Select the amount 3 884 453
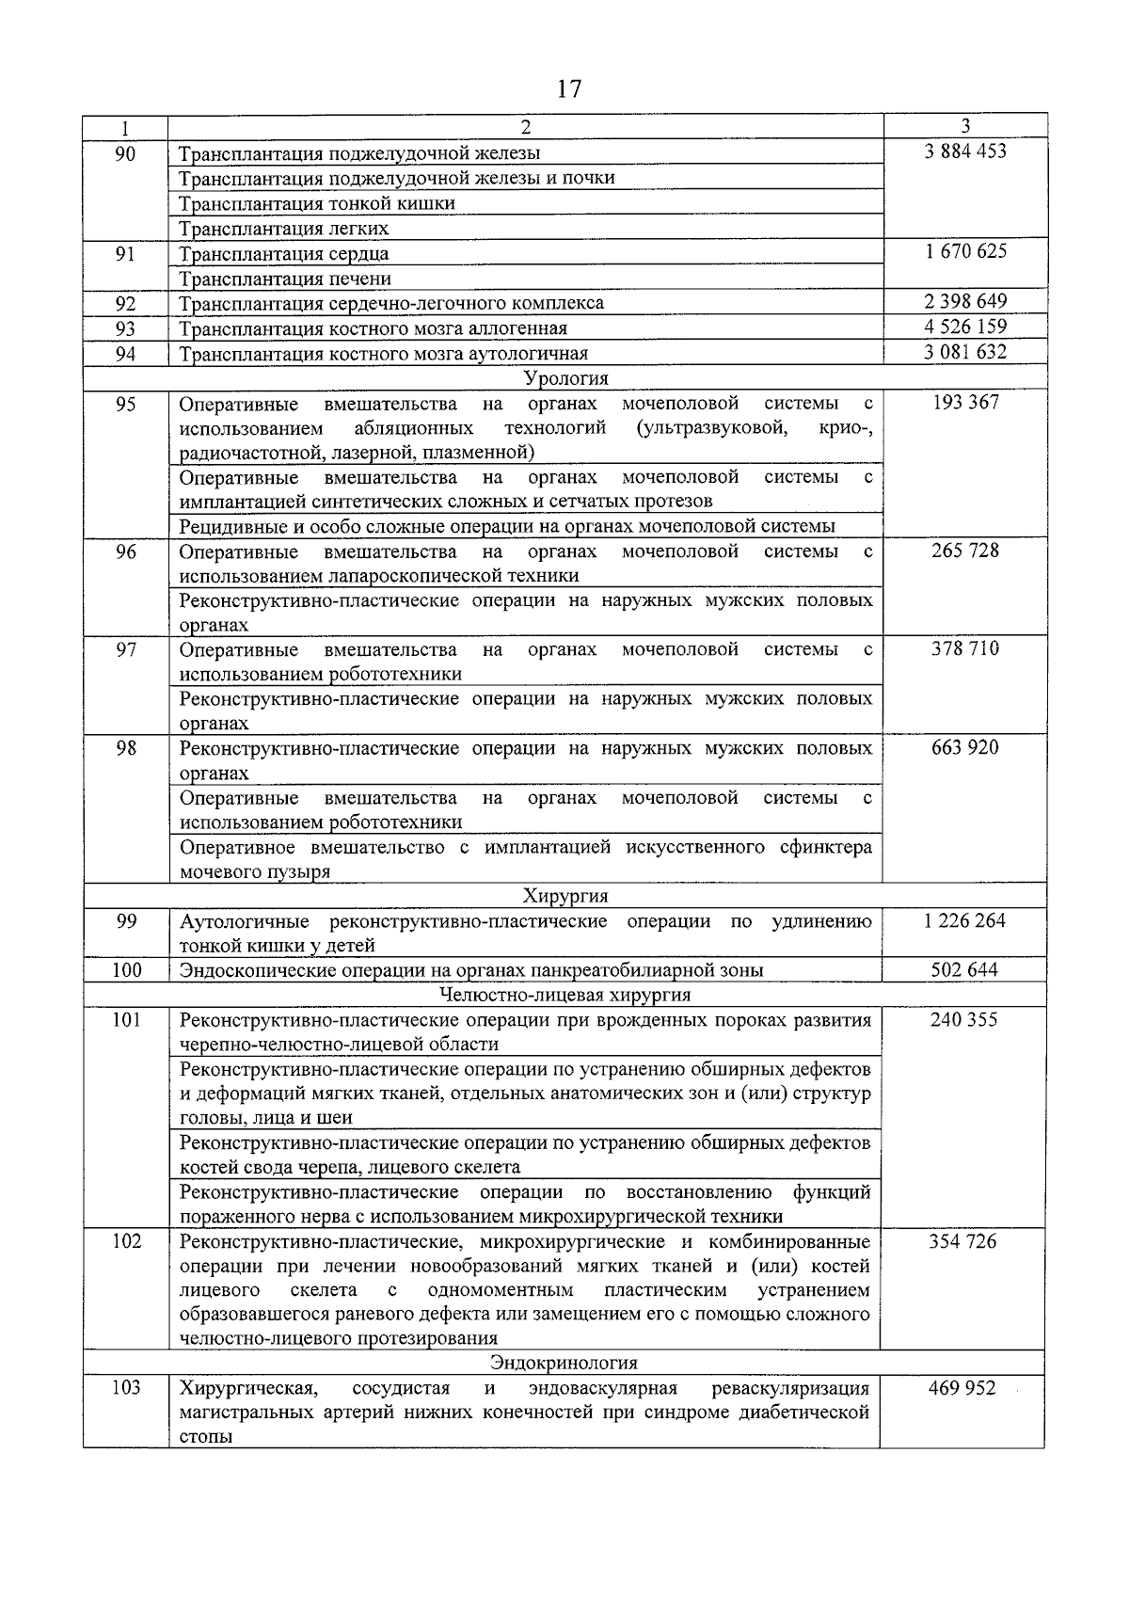pyautogui.click(x=965, y=152)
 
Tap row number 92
pyautogui.click(x=125, y=304)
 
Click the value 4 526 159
pyautogui.click(x=965, y=327)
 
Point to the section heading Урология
pyautogui.click(x=565, y=378)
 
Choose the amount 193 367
pyautogui.click(x=965, y=403)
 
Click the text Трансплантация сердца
pyautogui.click(x=284, y=254)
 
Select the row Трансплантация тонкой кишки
pyautogui.click(x=317, y=203)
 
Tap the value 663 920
pyautogui.click(x=965, y=748)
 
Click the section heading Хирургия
pyautogui.click(x=565, y=895)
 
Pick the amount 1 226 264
pyautogui.click(x=965, y=921)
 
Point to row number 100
pyautogui.click(x=126, y=970)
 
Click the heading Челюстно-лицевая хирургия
pyautogui.click(x=565, y=995)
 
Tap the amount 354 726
pyautogui.click(x=962, y=1241)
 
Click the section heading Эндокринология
pyautogui.click(x=564, y=1363)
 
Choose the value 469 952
pyautogui.click(x=962, y=1388)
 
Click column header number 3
pyautogui.click(x=965, y=126)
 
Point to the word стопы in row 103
pyautogui.click(x=206, y=1437)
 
